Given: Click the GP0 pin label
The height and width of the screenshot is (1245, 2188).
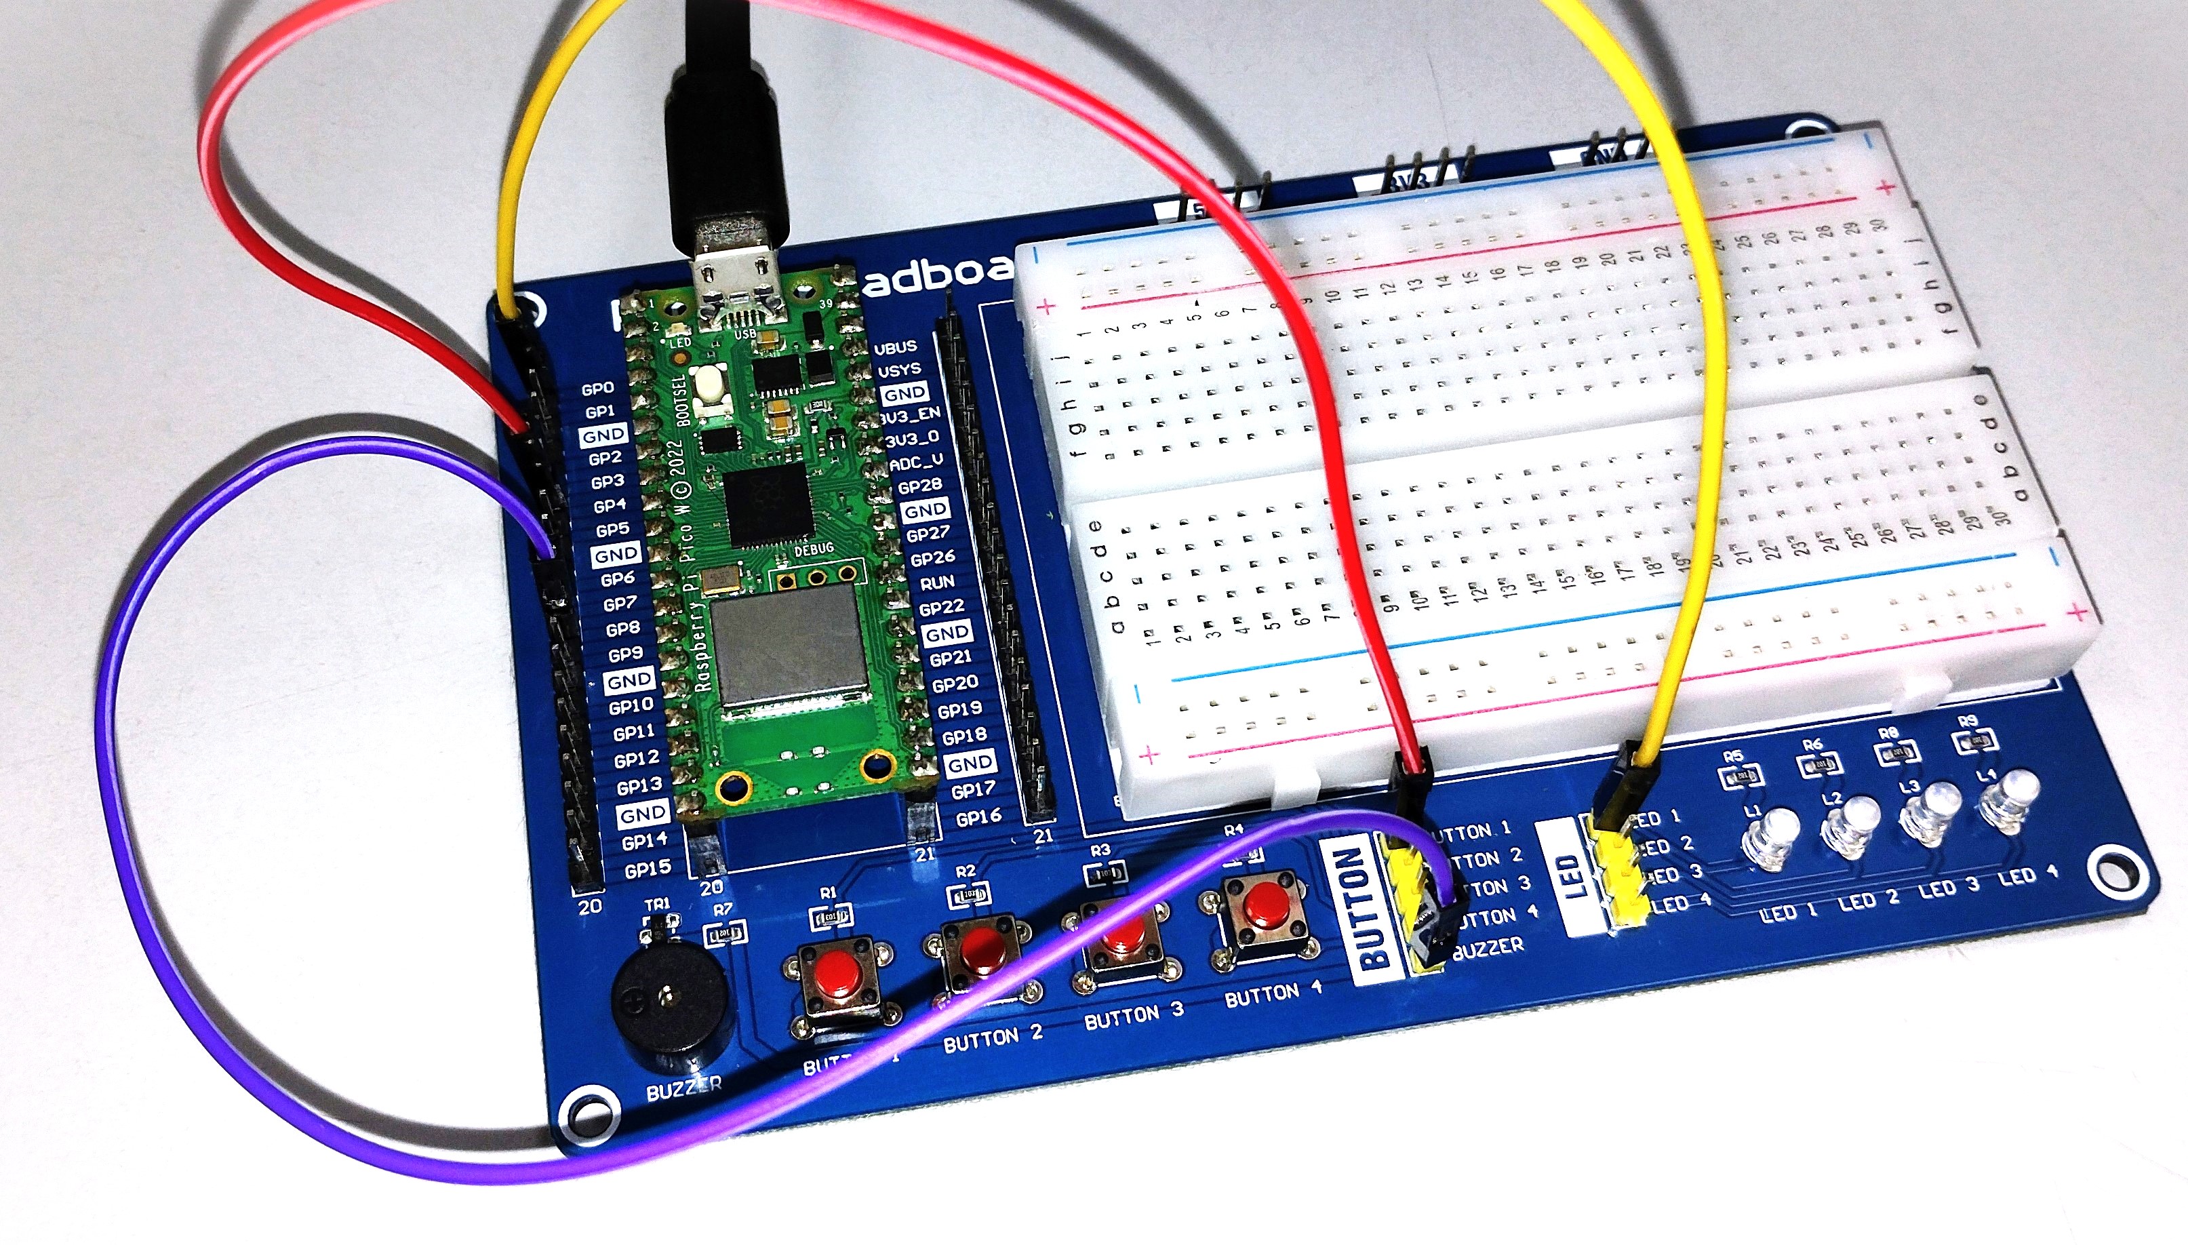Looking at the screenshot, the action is pyautogui.click(x=597, y=389).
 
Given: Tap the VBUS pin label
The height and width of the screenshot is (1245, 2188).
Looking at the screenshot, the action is pyautogui.click(x=895, y=347).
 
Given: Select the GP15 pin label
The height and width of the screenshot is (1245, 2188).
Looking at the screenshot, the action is pyautogui.click(x=648, y=869).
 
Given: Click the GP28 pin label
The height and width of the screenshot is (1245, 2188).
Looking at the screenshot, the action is pyautogui.click(x=919, y=486).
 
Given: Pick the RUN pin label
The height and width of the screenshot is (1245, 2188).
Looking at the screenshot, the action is pyautogui.click(x=936, y=582).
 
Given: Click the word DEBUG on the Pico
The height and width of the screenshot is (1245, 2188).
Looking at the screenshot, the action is pyautogui.click(x=813, y=549).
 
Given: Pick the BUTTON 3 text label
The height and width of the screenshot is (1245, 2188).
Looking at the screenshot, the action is pyautogui.click(x=1134, y=1015).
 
